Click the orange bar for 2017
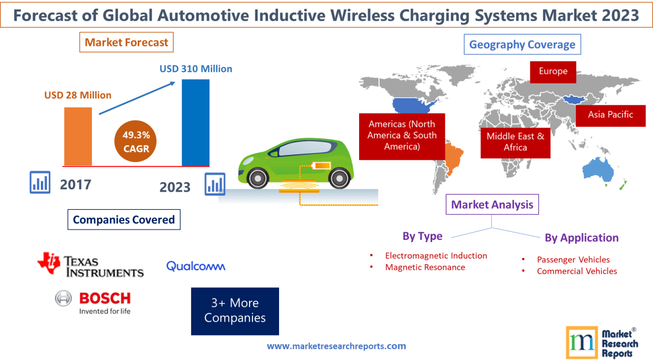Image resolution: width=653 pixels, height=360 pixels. coord(78,136)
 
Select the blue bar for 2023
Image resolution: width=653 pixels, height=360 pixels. coord(195,122)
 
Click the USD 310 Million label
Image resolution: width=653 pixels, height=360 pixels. coord(196,69)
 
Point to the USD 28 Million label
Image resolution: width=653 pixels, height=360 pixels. coord(78,95)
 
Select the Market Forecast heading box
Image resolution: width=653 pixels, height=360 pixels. coord(127,42)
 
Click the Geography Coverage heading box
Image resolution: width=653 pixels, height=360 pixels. coord(522,44)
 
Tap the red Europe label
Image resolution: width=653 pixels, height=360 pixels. coord(553,71)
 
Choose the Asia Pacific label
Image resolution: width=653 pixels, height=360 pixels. coord(610,115)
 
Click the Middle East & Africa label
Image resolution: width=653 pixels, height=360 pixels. coord(515,142)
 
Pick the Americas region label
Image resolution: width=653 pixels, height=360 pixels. coord(402,135)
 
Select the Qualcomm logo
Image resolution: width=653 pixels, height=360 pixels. coord(196,266)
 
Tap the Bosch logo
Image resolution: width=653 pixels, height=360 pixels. coord(93,302)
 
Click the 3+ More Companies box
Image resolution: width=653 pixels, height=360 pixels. coord(235,311)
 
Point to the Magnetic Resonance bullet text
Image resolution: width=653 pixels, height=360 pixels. coord(425,267)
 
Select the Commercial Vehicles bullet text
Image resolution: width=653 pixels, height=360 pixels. coord(577,271)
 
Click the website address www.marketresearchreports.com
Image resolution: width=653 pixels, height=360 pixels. coord(336,346)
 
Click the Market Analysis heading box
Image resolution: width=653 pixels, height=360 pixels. coord(492,205)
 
